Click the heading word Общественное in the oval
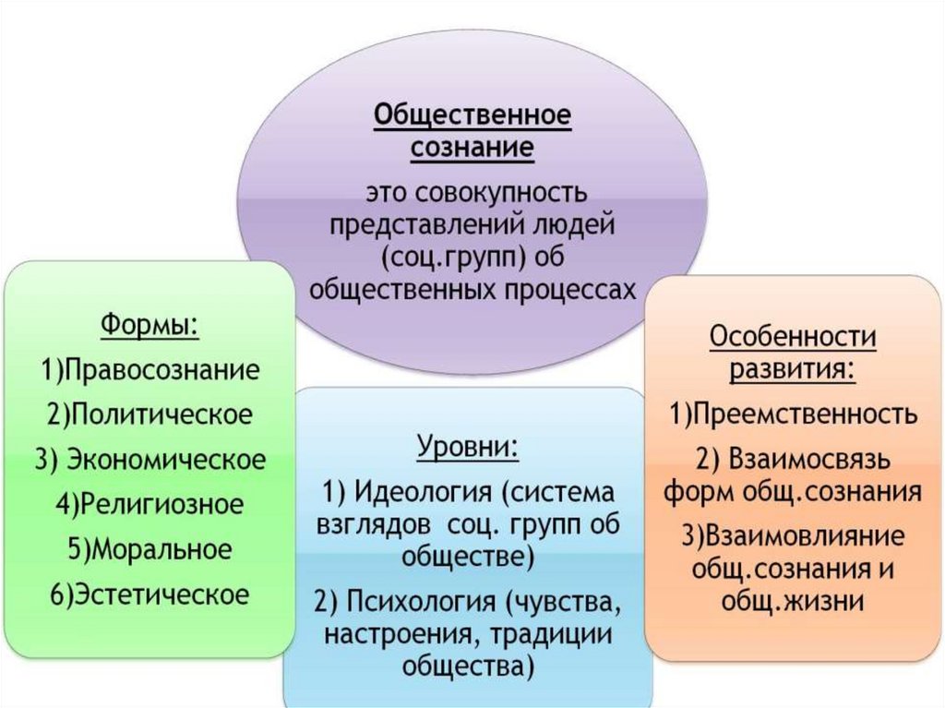pos(472,116)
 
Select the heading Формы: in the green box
pos(150,327)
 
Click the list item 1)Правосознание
pos(150,371)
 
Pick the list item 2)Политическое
pos(150,414)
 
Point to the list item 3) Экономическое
pos(150,459)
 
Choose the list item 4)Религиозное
pos(150,504)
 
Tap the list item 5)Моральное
pos(150,549)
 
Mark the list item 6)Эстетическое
pos(150,594)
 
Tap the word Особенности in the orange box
pos(793,337)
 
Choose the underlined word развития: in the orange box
pos(793,370)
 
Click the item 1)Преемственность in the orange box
pos(793,414)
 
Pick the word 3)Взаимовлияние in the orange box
pos(793,535)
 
